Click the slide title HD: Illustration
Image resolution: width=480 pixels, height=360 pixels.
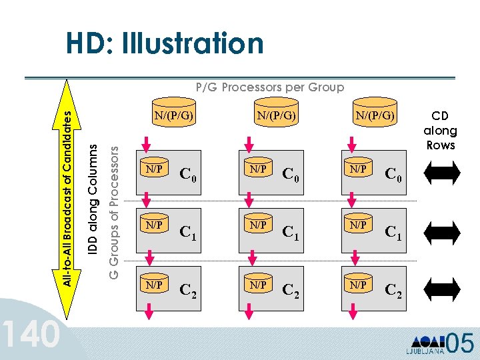[164, 45]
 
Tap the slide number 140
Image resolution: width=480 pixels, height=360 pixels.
[31, 334]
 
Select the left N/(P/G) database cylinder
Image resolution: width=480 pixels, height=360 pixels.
[174, 116]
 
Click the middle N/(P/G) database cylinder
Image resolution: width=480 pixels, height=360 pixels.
[276, 116]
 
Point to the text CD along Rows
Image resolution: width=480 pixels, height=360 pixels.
[440, 131]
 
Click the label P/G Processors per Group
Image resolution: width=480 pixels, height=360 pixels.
[269, 87]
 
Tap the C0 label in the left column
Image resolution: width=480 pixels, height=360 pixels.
[189, 175]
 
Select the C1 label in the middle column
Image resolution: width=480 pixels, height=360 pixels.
[291, 232]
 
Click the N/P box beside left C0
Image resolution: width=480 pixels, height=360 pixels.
[154, 169]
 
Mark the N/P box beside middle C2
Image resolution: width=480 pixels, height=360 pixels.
[256, 285]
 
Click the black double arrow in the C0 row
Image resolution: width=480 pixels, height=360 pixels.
[441, 173]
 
